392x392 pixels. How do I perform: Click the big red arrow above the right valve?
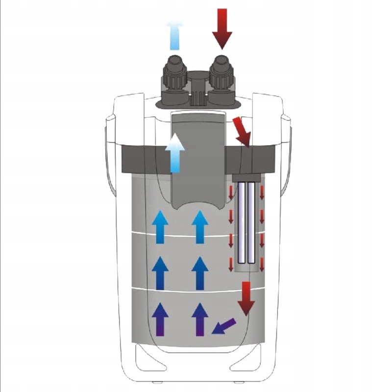222,28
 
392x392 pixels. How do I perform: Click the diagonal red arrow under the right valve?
242,132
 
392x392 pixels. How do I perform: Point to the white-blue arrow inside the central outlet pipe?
175,153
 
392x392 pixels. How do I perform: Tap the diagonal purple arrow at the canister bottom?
223,326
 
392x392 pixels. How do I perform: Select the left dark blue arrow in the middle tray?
160,272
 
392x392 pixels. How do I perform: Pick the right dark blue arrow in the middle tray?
199,272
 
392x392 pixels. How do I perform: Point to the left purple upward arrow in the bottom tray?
160,318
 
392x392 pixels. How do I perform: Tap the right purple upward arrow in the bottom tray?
199,318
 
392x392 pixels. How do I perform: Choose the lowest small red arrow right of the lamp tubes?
262,265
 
